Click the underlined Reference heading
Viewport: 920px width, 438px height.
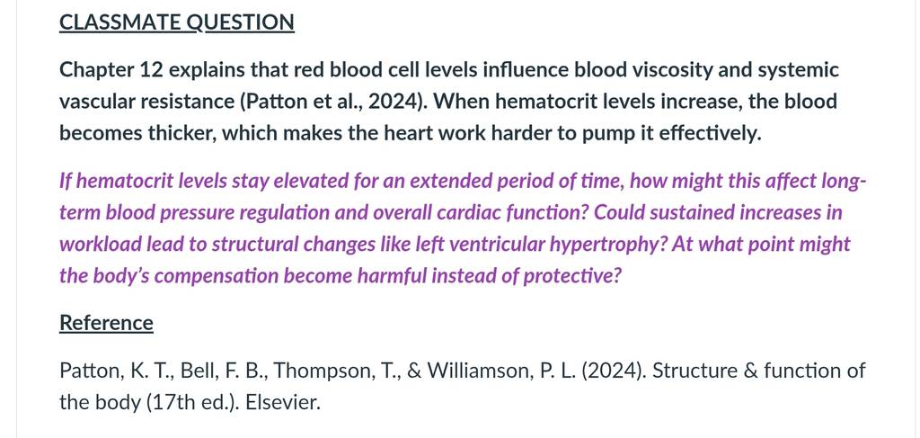106,324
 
